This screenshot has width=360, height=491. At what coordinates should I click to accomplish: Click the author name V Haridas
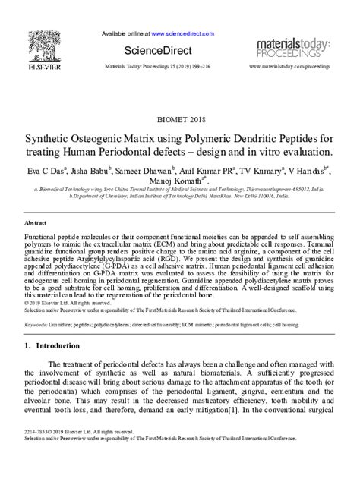tap(308, 172)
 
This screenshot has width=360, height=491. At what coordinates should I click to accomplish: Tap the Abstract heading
tap(36, 225)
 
